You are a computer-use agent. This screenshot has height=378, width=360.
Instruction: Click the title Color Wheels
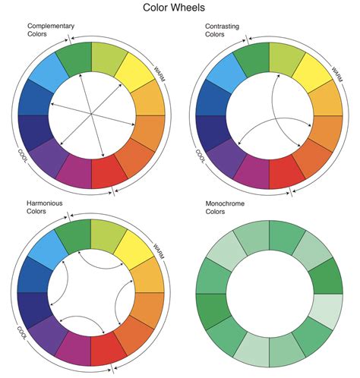(x=180, y=8)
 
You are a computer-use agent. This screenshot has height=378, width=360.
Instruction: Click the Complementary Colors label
(x=48, y=30)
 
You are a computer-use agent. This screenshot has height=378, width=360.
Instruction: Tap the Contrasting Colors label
(x=220, y=30)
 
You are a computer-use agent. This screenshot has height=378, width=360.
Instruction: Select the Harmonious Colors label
(x=45, y=208)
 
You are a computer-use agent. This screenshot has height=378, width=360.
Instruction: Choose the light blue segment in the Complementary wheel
(x=49, y=72)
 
